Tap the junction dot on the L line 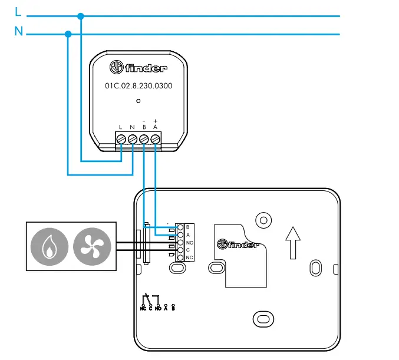81,16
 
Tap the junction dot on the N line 68,34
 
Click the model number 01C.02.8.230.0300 139,85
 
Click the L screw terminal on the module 121,139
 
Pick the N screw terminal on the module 133,139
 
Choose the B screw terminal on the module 144,139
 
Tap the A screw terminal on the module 156,139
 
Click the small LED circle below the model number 139,101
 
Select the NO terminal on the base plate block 180,242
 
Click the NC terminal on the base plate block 180,257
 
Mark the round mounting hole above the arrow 262,220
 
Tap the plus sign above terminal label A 155,120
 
